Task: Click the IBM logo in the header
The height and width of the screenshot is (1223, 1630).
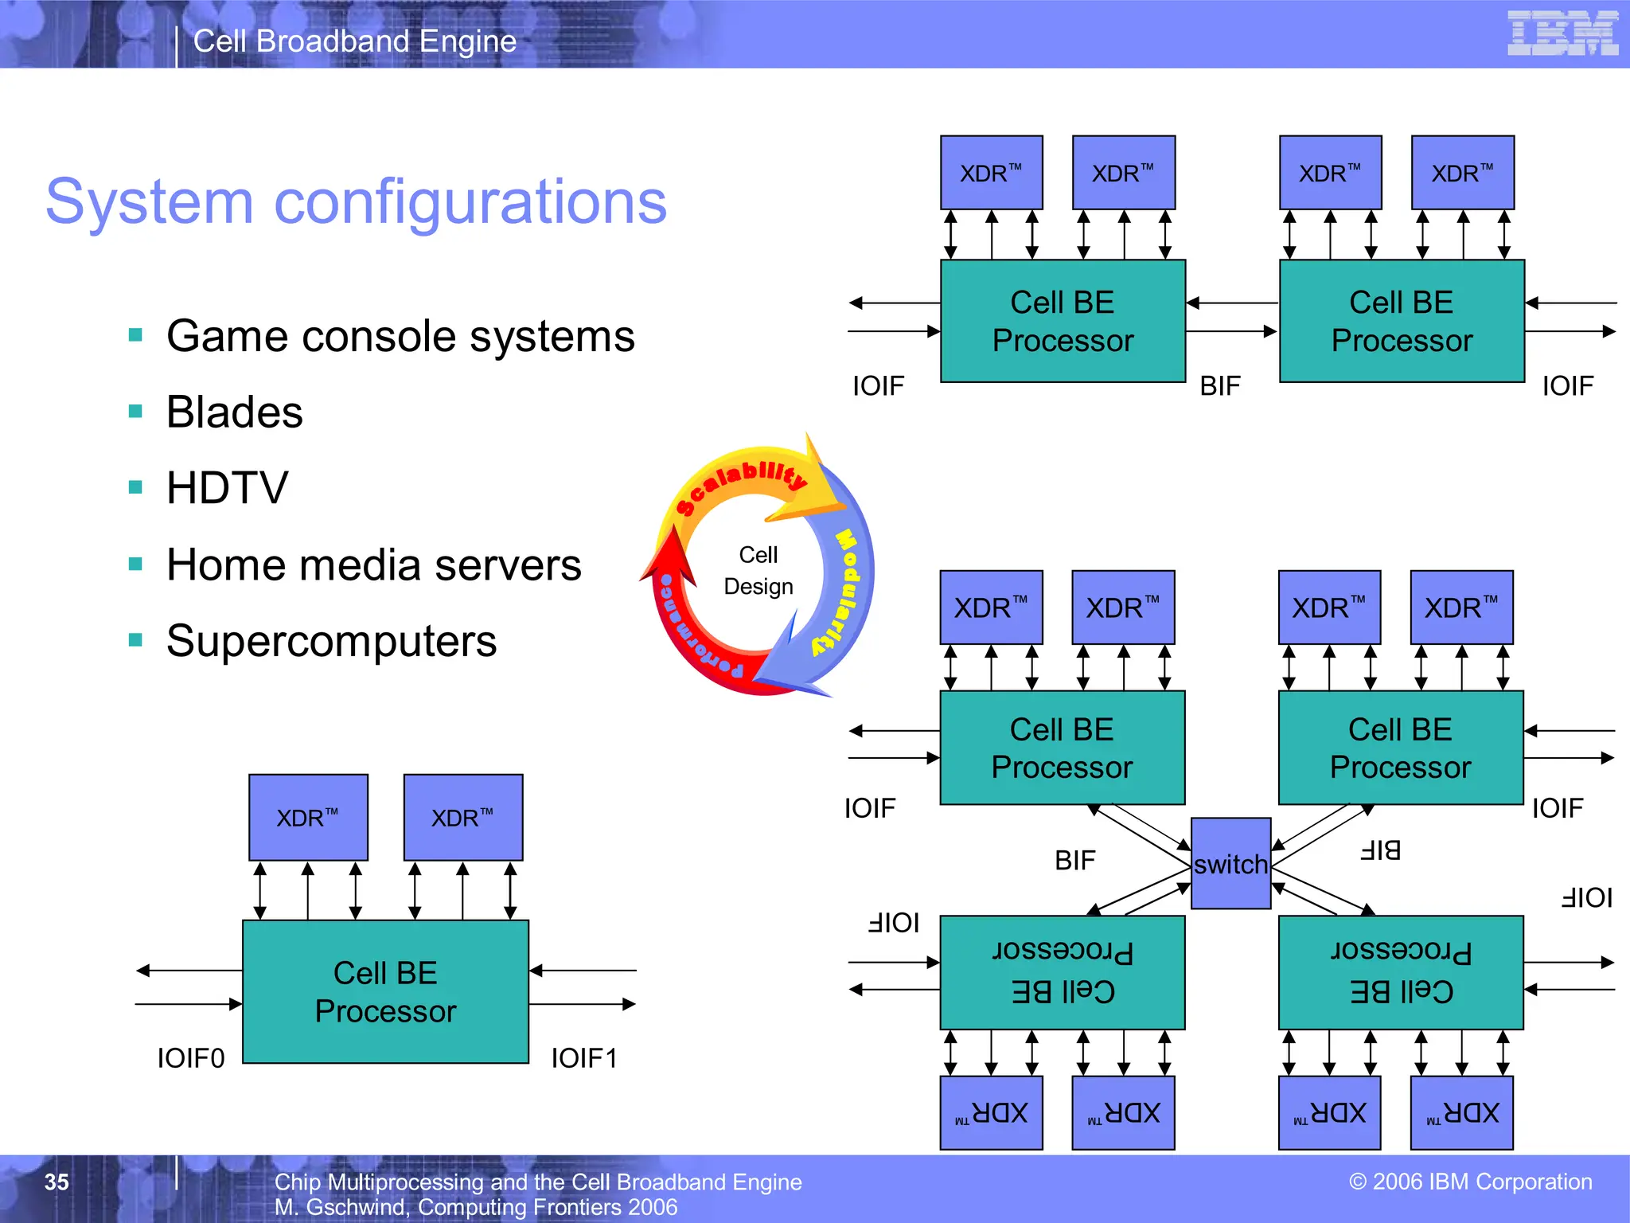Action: (1562, 33)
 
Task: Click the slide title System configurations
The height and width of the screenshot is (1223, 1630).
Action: (356, 201)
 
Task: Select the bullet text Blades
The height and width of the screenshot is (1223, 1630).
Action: (235, 412)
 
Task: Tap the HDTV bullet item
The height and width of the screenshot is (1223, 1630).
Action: (228, 488)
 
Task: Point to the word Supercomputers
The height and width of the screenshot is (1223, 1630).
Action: (331, 641)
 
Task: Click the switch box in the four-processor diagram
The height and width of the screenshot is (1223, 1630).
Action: (1230, 864)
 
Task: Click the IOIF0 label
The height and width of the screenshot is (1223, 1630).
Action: (191, 1058)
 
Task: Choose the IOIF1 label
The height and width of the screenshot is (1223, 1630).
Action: (584, 1058)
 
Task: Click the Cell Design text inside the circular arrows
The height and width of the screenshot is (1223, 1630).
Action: (758, 571)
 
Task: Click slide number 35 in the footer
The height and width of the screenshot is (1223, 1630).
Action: (57, 1182)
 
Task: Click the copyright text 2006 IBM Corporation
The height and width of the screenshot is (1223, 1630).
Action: (1471, 1182)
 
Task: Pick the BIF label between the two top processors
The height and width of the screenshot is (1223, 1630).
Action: (1220, 386)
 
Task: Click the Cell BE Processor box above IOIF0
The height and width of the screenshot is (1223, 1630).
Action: (385, 991)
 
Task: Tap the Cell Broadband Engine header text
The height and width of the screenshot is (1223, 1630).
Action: (355, 41)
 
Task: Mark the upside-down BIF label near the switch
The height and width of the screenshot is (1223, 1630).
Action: (1380, 850)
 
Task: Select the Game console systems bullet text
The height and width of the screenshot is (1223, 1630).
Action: (400, 336)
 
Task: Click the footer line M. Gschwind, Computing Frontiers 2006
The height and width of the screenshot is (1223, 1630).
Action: (475, 1207)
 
